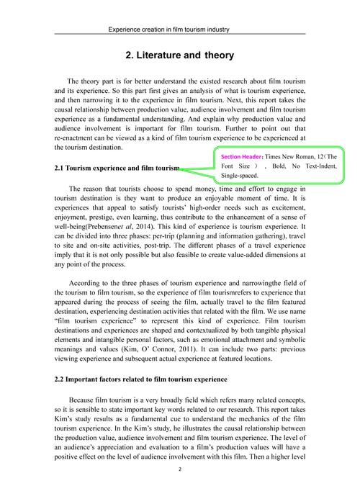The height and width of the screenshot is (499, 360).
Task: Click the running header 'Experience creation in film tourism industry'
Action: [x=179, y=30]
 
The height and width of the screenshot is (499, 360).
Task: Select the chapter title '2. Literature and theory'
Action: [x=179, y=55]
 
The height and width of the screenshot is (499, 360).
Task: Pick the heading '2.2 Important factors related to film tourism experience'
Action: [x=141, y=379]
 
